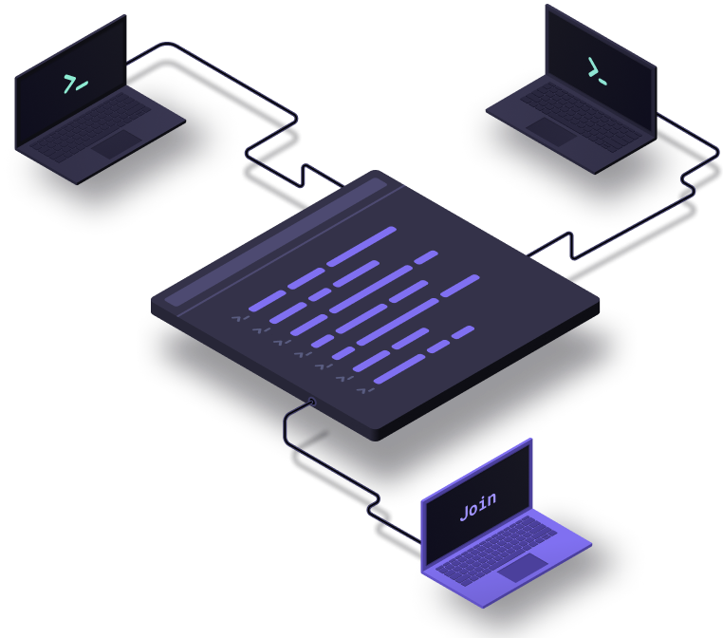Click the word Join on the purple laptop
pos(478,506)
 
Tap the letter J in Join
pos(465,512)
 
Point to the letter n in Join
pos(491,499)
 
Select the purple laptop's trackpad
pos(523,568)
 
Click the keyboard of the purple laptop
pos(496,552)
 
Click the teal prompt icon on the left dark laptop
pos(76,84)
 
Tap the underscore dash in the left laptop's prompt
pos(83,85)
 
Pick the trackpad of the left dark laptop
pos(116,144)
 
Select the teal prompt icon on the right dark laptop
pos(597,71)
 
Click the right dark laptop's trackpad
pos(551,132)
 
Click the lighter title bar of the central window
pos(276,242)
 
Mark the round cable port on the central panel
pos(312,402)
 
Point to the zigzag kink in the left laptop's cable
pos(304,176)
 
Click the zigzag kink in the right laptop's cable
pos(572,246)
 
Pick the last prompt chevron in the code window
pos(365,391)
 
